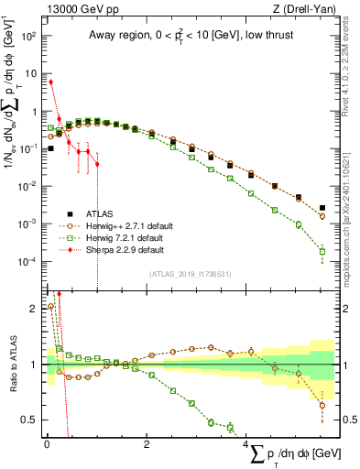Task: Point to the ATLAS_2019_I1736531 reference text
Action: (190, 274)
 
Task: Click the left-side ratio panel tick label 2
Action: (33, 309)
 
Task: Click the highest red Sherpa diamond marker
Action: (50, 82)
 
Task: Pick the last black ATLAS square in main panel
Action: (322, 208)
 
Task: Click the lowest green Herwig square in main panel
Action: (322, 251)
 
